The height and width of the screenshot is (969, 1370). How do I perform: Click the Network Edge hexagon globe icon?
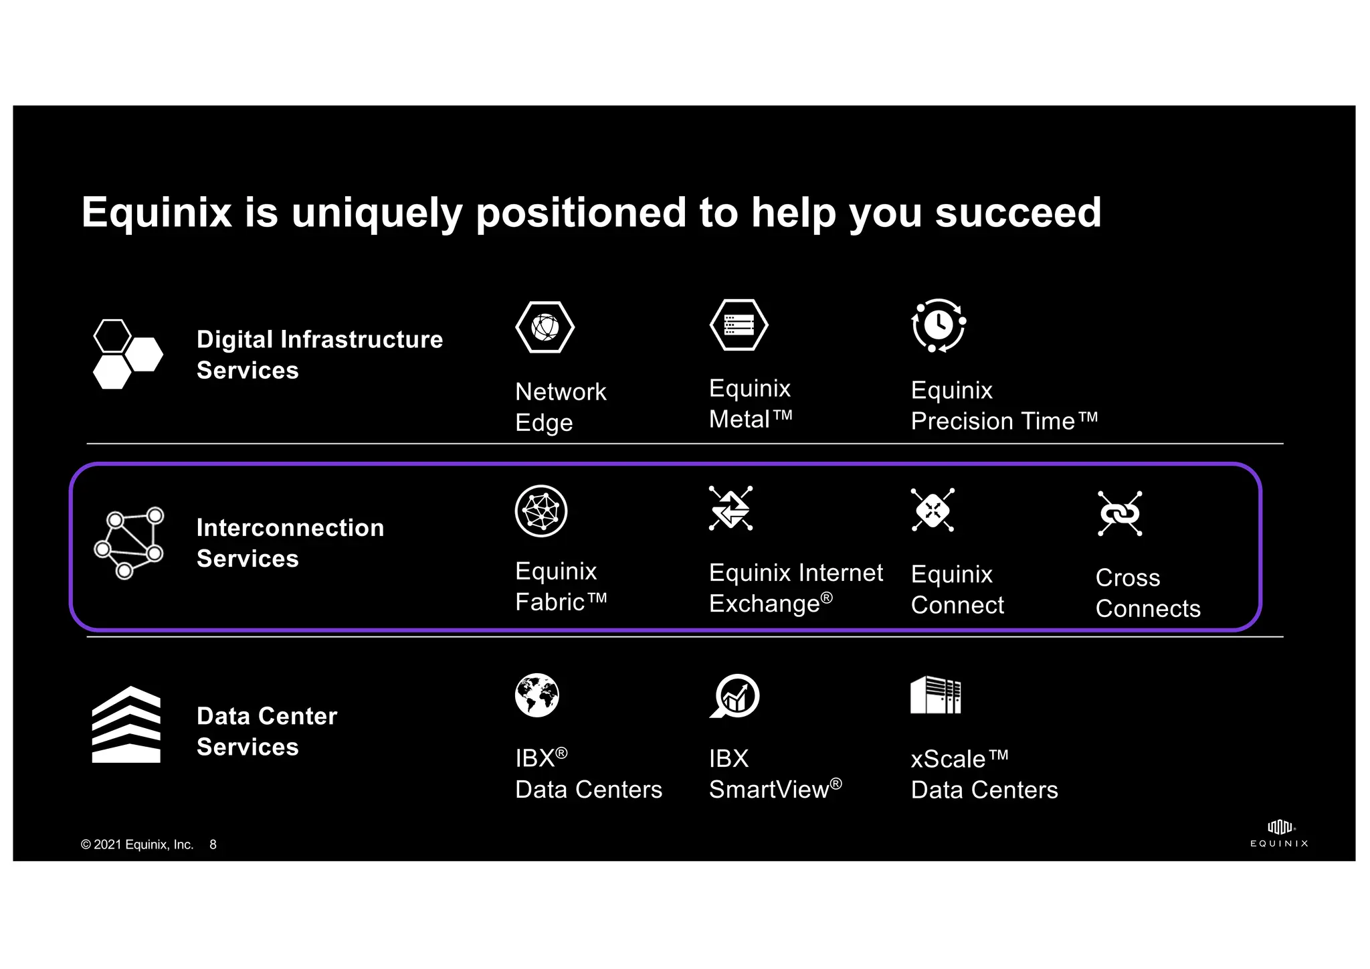click(x=545, y=327)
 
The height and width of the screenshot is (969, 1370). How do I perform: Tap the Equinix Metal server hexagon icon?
click(x=739, y=325)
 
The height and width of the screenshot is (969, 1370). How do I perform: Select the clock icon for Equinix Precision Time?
click(x=938, y=325)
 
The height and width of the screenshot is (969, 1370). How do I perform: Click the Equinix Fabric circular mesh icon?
click(x=541, y=511)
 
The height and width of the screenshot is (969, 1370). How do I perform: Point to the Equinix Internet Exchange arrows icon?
click(x=730, y=509)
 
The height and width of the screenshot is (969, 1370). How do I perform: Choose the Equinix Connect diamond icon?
click(x=933, y=511)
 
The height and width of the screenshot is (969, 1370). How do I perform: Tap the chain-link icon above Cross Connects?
click(x=1120, y=514)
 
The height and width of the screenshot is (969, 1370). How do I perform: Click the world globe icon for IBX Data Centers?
click(x=537, y=695)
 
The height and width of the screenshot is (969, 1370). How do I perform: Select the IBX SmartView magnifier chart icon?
click(x=735, y=696)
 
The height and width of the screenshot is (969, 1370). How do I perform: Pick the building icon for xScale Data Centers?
click(x=935, y=695)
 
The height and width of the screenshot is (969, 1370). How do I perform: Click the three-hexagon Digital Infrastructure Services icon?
click(x=127, y=354)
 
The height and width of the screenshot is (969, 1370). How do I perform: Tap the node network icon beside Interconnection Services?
click(x=128, y=543)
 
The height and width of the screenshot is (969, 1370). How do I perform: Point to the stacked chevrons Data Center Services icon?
click(x=126, y=725)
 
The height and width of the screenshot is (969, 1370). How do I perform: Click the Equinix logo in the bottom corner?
click(x=1279, y=834)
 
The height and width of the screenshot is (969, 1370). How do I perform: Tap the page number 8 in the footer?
click(x=213, y=845)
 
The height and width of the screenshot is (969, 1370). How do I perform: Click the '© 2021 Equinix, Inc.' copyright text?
click(x=137, y=845)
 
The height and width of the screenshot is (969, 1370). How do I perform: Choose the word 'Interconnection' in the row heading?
click(x=290, y=528)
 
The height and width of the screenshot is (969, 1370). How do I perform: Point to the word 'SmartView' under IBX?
click(x=769, y=790)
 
